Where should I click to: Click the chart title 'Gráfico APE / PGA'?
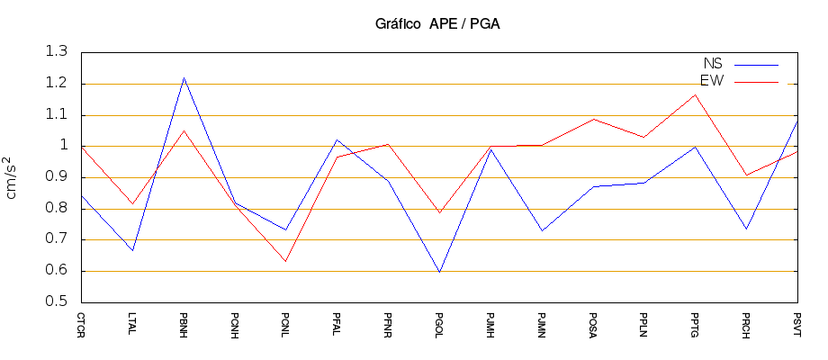pos(436,24)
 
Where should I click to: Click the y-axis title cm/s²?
pos(13,176)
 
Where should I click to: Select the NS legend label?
pos(712,64)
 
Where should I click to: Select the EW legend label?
pos(712,82)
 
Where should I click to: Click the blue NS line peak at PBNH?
pos(184,78)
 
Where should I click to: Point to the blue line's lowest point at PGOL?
pos(439,272)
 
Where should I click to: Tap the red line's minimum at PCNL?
pos(286,261)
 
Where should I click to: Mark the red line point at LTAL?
pos(132,204)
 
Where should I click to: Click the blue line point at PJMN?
pos(542,230)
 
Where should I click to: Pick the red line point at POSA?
pos(593,119)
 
